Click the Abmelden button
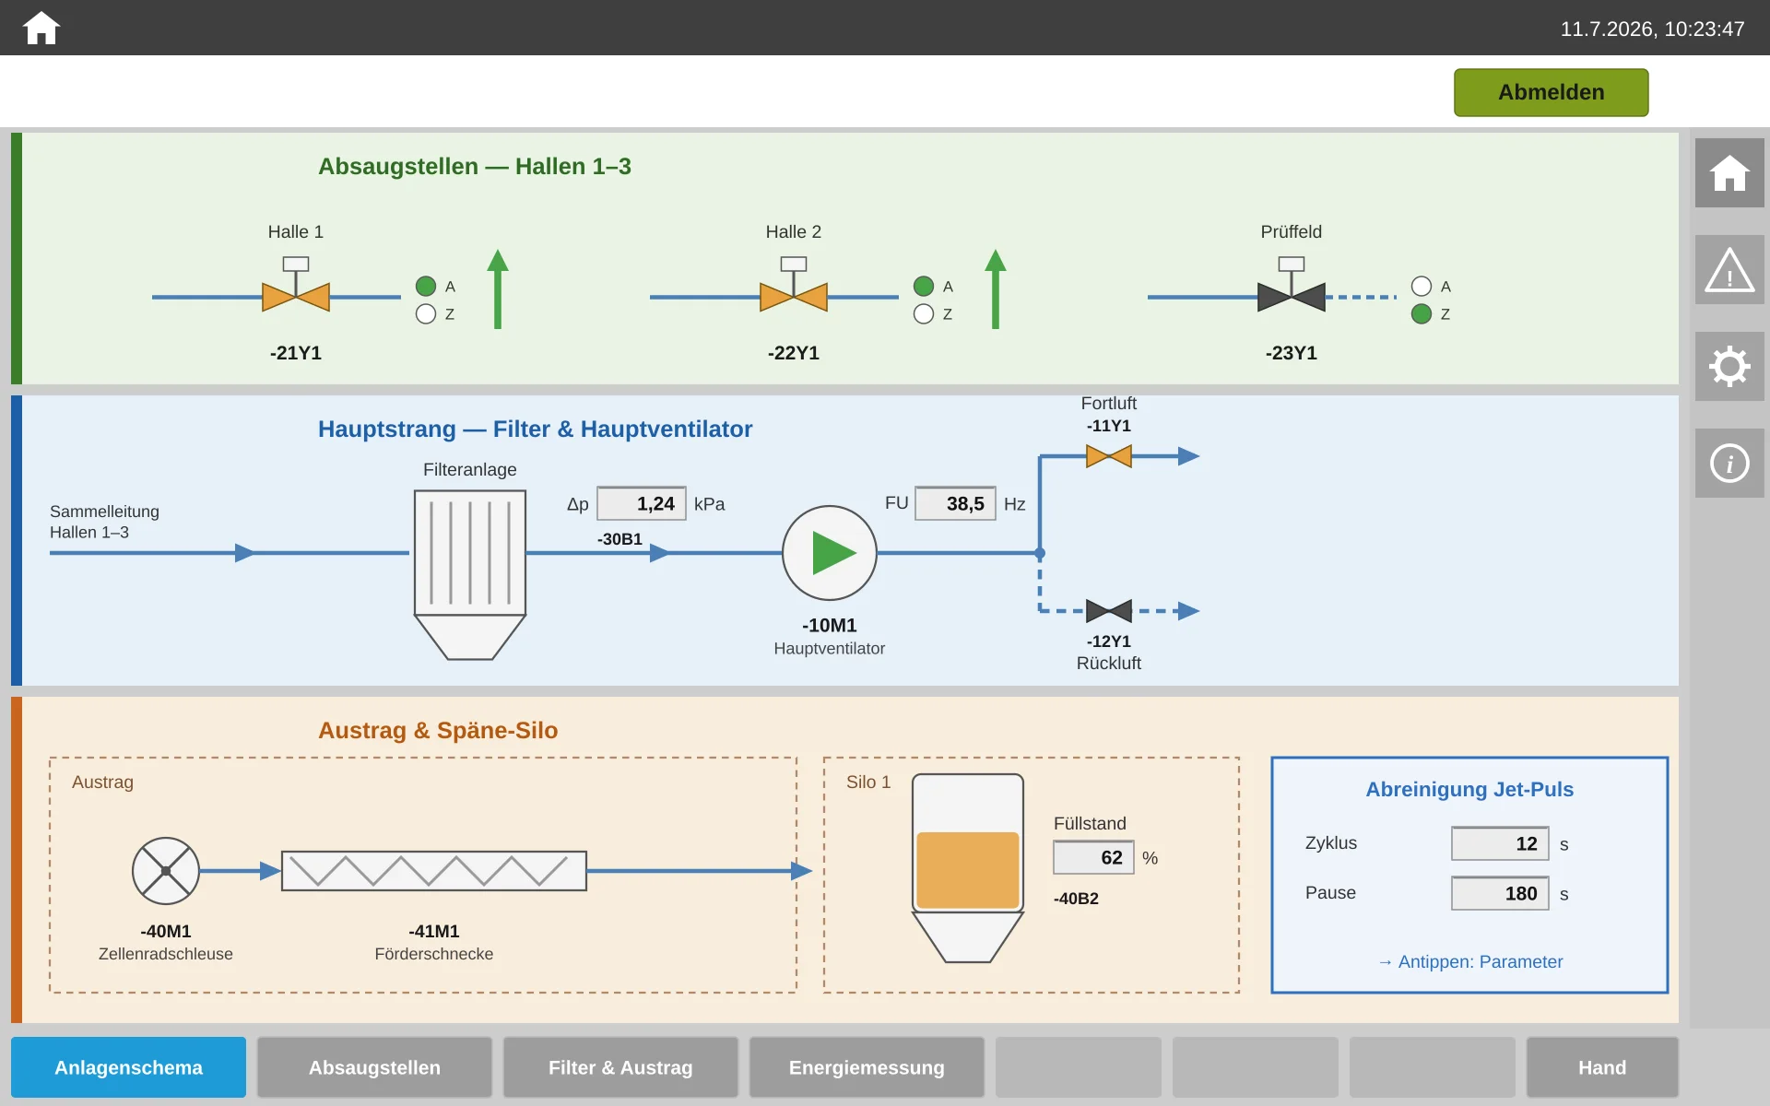[x=1551, y=92]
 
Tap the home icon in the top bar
[x=41, y=28]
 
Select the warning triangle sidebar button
[x=1729, y=269]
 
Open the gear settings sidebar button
[x=1729, y=366]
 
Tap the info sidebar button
[x=1729, y=463]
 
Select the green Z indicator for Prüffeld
[x=1422, y=313]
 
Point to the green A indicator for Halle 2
[x=924, y=286]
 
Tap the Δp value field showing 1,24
[x=642, y=503]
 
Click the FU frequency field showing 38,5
[x=955, y=503]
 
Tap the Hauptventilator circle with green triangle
[x=830, y=553]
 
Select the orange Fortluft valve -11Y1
[x=1109, y=455]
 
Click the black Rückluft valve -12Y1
[x=1109, y=610]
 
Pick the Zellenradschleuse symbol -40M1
[x=166, y=871]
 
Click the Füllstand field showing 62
[x=1093, y=857]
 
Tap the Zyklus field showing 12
[x=1500, y=843]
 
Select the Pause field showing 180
[x=1500, y=893]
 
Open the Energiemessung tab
[x=867, y=1067]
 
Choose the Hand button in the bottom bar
[x=1602, y=1067]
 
